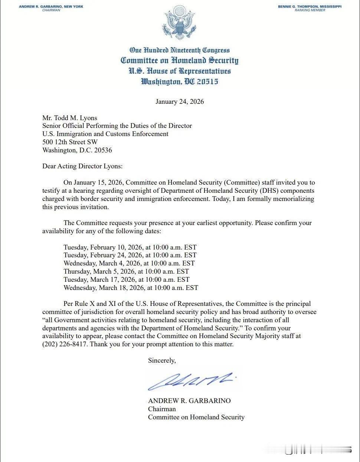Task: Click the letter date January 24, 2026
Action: [180, 102]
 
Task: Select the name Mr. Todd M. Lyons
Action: [69, 118]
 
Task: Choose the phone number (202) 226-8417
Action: [65, 344]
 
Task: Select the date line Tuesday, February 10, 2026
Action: [130, 247]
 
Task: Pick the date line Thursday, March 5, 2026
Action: [126, 271]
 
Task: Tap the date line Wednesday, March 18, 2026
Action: [131, 288]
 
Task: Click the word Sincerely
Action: [162, 360]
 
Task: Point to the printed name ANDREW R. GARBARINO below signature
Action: [189, 401]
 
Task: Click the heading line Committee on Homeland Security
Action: [180, 60]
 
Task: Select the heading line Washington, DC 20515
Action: [180, 82]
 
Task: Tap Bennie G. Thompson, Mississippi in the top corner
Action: [310, 7]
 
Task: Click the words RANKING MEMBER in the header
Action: [310, 10]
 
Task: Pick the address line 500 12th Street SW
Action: [70, 142]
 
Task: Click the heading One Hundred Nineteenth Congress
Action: [180, 50]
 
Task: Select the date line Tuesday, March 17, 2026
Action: [126, 280]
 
